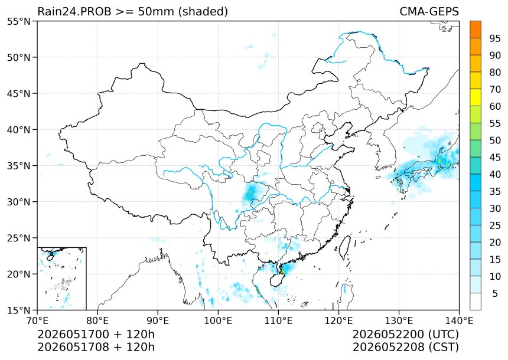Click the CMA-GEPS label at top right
pyautogui.click(x=429, y=11)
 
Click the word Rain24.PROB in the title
pyautogui.click(x=74, y=11)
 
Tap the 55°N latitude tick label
pyautogui.click(x=18, y=21)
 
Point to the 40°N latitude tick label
pyautogui.click(x=18, y=129)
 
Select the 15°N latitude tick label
pyautogui.click(x=18, y=310)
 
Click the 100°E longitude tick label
pyautogui.click(x=218, y=320)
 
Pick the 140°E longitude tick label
pyautogui.click(x=459, y=320)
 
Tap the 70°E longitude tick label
pyautogui.click(x=38, y=320)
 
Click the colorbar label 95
pyautogui.click(x=495, y=38)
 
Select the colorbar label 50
pyautogui.click(x=495, y=140)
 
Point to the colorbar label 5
pyautogui.click(x=495, y=293)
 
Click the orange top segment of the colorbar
pyautogui.click(x=476, y=30)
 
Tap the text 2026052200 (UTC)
pyautogui.click(x=406, y=334)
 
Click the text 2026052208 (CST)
pyautogui.click(x=406, y=347)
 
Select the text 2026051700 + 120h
pyautogui.click(x=96, y=334)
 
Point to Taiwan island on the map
pyautogui.click(x=345, y=247)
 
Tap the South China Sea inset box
pyautogui.click(x=62, y=279)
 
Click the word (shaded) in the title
pyautogui.click(x=203, y=11)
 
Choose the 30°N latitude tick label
pyautogui.click(x=18, y=202)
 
